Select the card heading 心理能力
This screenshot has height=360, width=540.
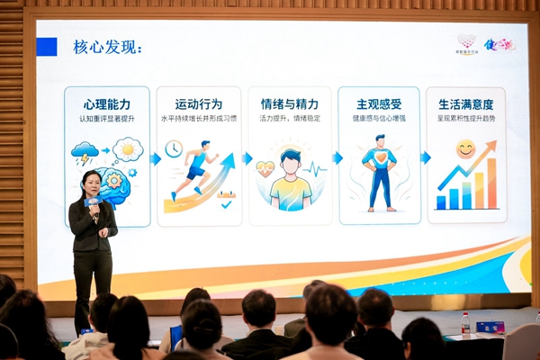(107, 105)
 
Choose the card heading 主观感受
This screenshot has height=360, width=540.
(379, 105)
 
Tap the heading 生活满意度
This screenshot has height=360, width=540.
(465, 105)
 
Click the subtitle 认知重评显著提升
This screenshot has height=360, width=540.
(107, 119)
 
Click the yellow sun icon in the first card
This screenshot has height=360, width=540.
(128, 148)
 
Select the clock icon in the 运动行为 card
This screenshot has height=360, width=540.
(173, 148)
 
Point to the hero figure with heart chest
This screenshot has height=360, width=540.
(378, 171)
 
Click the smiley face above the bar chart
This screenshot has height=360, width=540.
(465, 148)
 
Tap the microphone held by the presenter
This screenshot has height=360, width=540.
(91, 202)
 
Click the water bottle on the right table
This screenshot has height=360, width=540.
(465, 324)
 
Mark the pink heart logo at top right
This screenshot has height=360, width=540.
(467, 41)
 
